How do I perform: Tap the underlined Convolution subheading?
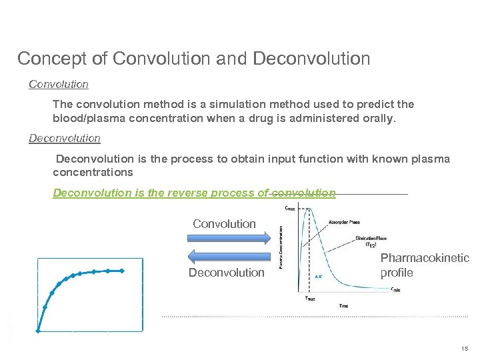coord(59,85)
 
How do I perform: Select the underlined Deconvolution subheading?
coord(65,139)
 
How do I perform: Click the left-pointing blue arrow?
coord(227,256)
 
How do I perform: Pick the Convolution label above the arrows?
coord(224,224)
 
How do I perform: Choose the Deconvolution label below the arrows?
coord(227,273)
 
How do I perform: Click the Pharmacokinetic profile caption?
coord(424,265)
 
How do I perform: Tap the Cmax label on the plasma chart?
coord(291,208)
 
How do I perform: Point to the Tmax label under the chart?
coord(310,299)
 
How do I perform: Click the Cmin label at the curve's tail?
coord(395,289)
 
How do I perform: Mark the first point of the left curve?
coord(38,330)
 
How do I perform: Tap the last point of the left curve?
coord(123,271)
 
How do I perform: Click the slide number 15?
coord(464,349)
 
